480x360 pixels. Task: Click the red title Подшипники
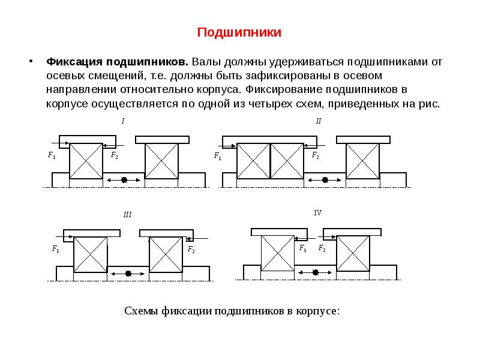pyautogui.click(x=239, y=32)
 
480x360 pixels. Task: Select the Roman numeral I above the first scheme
pyautogui.click(x=123, y=121)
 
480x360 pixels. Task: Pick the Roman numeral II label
pyautogui.click(x=319, y=121)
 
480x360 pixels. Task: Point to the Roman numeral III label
pyautogui.click(x=127, y=214)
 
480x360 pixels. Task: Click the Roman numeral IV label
pyautogui.click(x=318, y=213)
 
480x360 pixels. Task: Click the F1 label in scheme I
pyautogui.click(x=52, y=155)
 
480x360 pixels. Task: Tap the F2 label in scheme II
pyautogui.click(x=315, y=155)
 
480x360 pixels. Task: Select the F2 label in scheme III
pyautogui.click(x=191, y=249)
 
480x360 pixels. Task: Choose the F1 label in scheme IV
pyautogui.click(x=303, y=248)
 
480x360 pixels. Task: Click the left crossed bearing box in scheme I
pyautogui.click(x=86, y=161)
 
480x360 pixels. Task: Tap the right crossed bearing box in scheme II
pyautogui.click(x=363, y=161)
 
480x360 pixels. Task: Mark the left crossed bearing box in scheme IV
pyautogui.click(x=278, y=253)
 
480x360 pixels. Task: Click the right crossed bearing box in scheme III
pyautogui.click(x=166, y=254)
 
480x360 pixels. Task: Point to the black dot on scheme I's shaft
pyautogui.click(x=124, y=179)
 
